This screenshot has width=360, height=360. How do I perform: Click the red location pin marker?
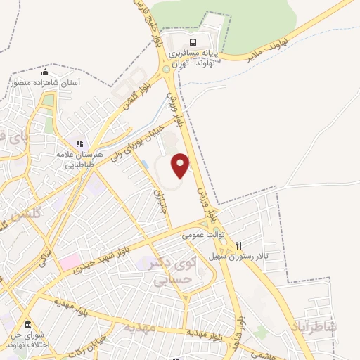pos(181,165)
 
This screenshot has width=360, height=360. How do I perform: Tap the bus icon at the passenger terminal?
pos(193,40)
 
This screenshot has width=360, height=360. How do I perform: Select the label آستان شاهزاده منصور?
pos(46,82)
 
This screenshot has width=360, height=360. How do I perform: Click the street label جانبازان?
pos(161,190)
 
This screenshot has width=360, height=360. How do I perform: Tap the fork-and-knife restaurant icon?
pos(240,246)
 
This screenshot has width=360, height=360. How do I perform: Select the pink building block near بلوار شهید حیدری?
pos(70,262)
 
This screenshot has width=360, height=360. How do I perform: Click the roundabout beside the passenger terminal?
pos(167,70)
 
